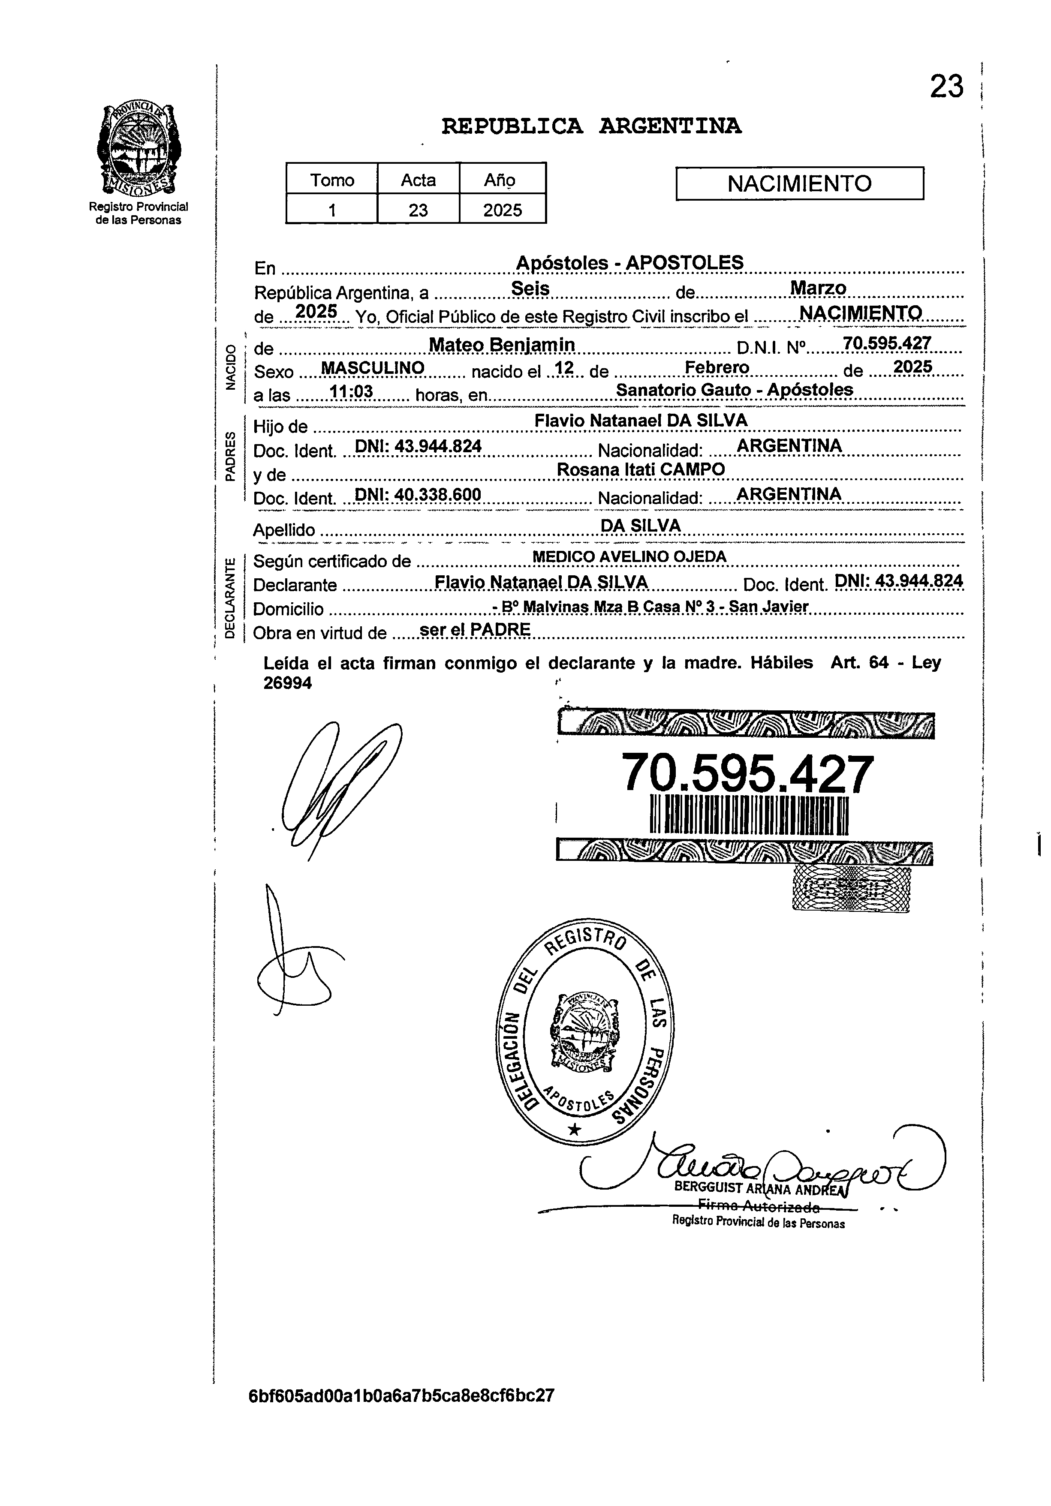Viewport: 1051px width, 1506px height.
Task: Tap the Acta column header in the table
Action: tap(418, 180)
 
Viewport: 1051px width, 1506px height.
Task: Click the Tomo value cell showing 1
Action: tap(332, 210)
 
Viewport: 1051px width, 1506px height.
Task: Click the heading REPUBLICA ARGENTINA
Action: tap(591, 125)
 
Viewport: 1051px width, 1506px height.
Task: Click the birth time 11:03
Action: tap(351, 392)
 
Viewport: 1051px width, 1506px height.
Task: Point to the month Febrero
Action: tap(717, 367)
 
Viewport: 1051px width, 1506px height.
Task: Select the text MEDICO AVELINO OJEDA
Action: tap(629, 557)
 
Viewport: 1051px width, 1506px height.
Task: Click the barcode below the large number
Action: tap(748, 816)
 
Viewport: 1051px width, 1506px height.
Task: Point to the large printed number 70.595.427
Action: tap(747, 774)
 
